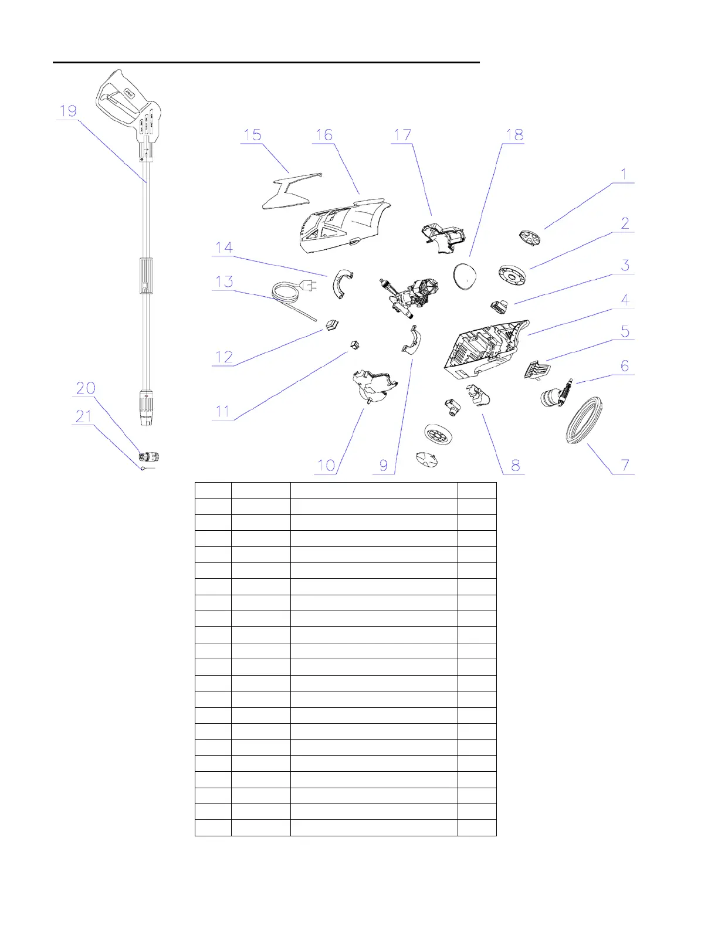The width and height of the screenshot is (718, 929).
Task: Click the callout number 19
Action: coord(68,111)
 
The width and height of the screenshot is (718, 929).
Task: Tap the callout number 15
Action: coord(252,135)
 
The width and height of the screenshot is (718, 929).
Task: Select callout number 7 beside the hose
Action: coord(625,466)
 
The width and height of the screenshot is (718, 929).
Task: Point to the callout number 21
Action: coord(84,416)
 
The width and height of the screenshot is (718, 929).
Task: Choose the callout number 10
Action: coord(326,466)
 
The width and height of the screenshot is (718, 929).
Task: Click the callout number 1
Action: coord(624,175)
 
